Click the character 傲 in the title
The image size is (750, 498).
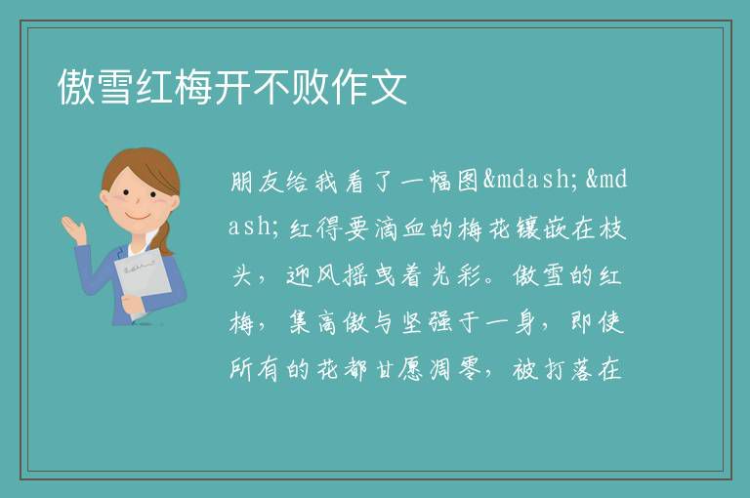coord(76,87)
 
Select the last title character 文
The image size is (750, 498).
coord(388,87)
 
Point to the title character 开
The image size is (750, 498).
coord(231,87)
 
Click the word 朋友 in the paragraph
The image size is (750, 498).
coord(257,182)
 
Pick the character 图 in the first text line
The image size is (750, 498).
coord(468,182)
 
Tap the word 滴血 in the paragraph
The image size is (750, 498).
coord(399,228)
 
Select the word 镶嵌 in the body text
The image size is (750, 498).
coord(540,228)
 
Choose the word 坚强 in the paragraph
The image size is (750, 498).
coord(427,323)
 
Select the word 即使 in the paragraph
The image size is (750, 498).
coord(597,323)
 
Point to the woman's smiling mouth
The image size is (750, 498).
coord(138,215)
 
